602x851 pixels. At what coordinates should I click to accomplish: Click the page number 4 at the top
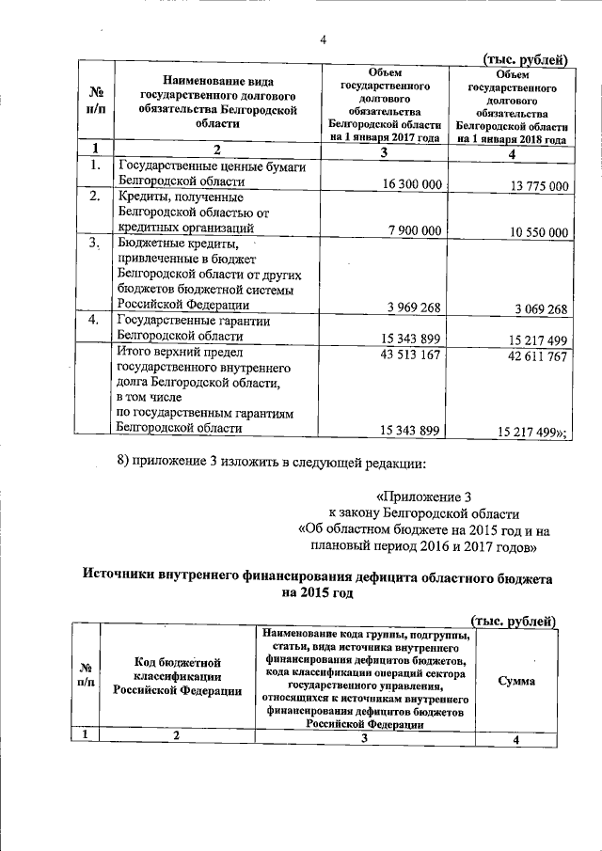point(323,39)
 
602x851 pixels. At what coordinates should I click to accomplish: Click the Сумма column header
point(516,680)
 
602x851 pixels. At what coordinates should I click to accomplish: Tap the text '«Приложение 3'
point(416,496)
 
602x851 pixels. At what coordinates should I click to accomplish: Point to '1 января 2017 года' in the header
point(385,135)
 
